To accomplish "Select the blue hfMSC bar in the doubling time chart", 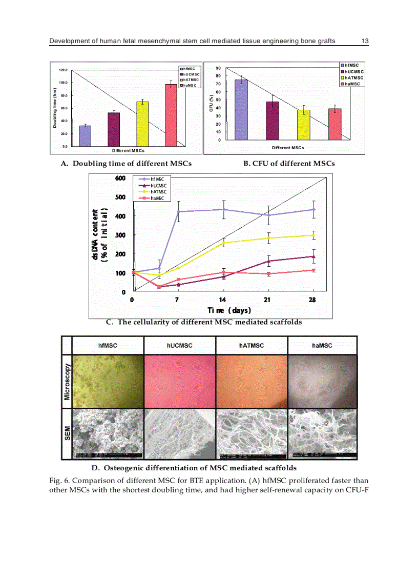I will [x=86, y=136].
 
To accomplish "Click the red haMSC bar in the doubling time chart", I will [x=171, y=115].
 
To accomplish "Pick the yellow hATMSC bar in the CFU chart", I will [x=304, y=125].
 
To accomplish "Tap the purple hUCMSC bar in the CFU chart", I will [x=273, y=121].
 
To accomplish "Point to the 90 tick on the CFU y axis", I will [x=218, y=68].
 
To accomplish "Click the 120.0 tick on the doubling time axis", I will [x=64, y=70].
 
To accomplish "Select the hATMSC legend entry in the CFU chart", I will [x=354, y=77].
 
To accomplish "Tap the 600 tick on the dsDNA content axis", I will [x=119, y=178].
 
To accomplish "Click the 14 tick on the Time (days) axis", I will [x=223, y=300].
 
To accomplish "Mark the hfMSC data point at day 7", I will [x=178, y=211].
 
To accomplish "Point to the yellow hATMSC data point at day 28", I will [x=313, y=235].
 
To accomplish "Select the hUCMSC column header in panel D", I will [x=179, y=345].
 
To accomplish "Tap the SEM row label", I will [x=67, y=433].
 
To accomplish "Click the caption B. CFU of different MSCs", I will [x=289, y=164].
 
